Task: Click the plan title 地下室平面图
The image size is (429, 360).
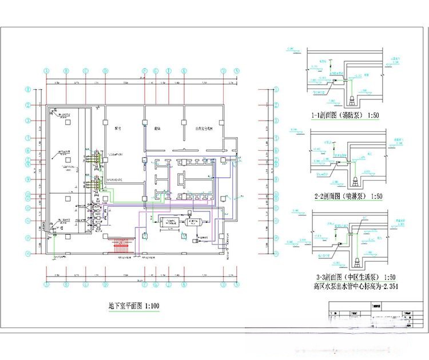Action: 126,306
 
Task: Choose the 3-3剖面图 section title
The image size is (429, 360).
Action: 327,277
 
